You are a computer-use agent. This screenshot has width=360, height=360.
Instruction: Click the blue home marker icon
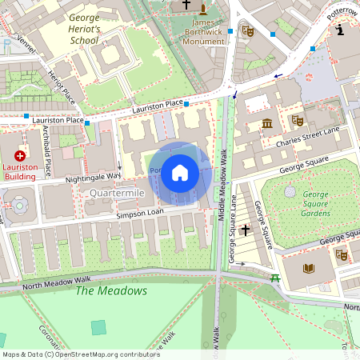point(180,172)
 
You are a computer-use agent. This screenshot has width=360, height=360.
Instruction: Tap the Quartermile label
point(117,194)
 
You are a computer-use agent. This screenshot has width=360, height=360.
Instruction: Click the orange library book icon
point(309,267)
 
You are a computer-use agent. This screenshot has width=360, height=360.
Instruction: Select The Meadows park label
point(111,290)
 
